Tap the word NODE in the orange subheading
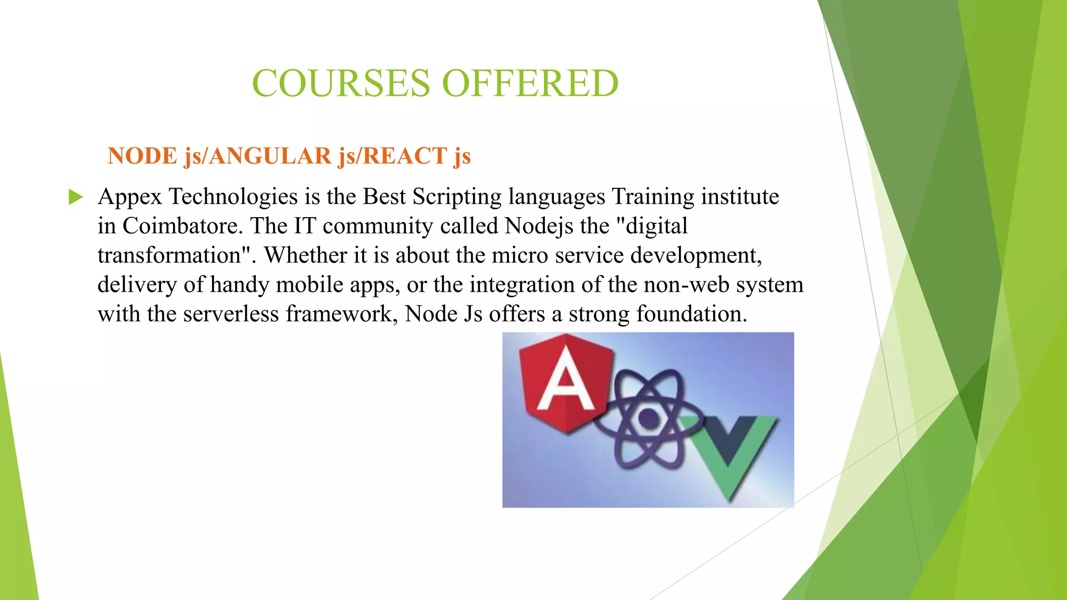point(142,156)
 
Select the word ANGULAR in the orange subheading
point(270,156)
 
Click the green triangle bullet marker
point(76,197)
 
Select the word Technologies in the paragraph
point(233,197)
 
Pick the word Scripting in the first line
point(457,197)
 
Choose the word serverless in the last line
point(231,314)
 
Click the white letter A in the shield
point(566,383)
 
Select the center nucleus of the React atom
point(648,417)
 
